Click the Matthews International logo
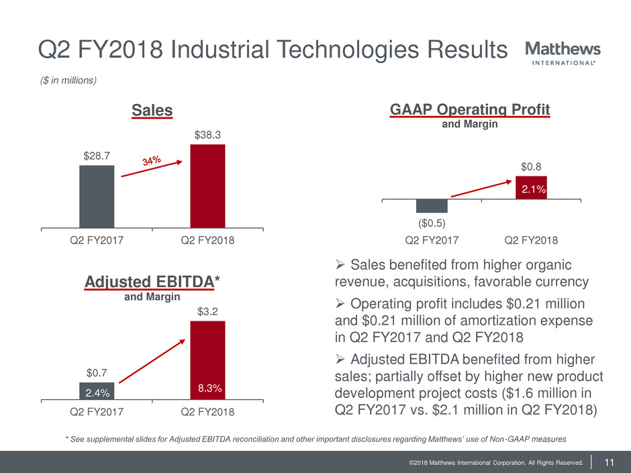click(x=562, y=54)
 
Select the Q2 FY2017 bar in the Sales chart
click(x=97, y=197)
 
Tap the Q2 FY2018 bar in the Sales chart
click(x=207, y=187)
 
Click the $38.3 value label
click(x=207, y=135)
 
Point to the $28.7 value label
click(x=97, y=156)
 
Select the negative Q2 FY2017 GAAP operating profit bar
click(x=432, y=206)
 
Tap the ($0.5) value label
click(x=432, y=222)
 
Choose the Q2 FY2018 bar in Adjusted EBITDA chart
click(x=207, y=360)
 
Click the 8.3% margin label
click(x=207, y=388)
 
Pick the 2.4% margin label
click(x=97, y=391)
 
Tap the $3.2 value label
click(x=207, y=312)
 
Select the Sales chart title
click(x=152, y=110)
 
